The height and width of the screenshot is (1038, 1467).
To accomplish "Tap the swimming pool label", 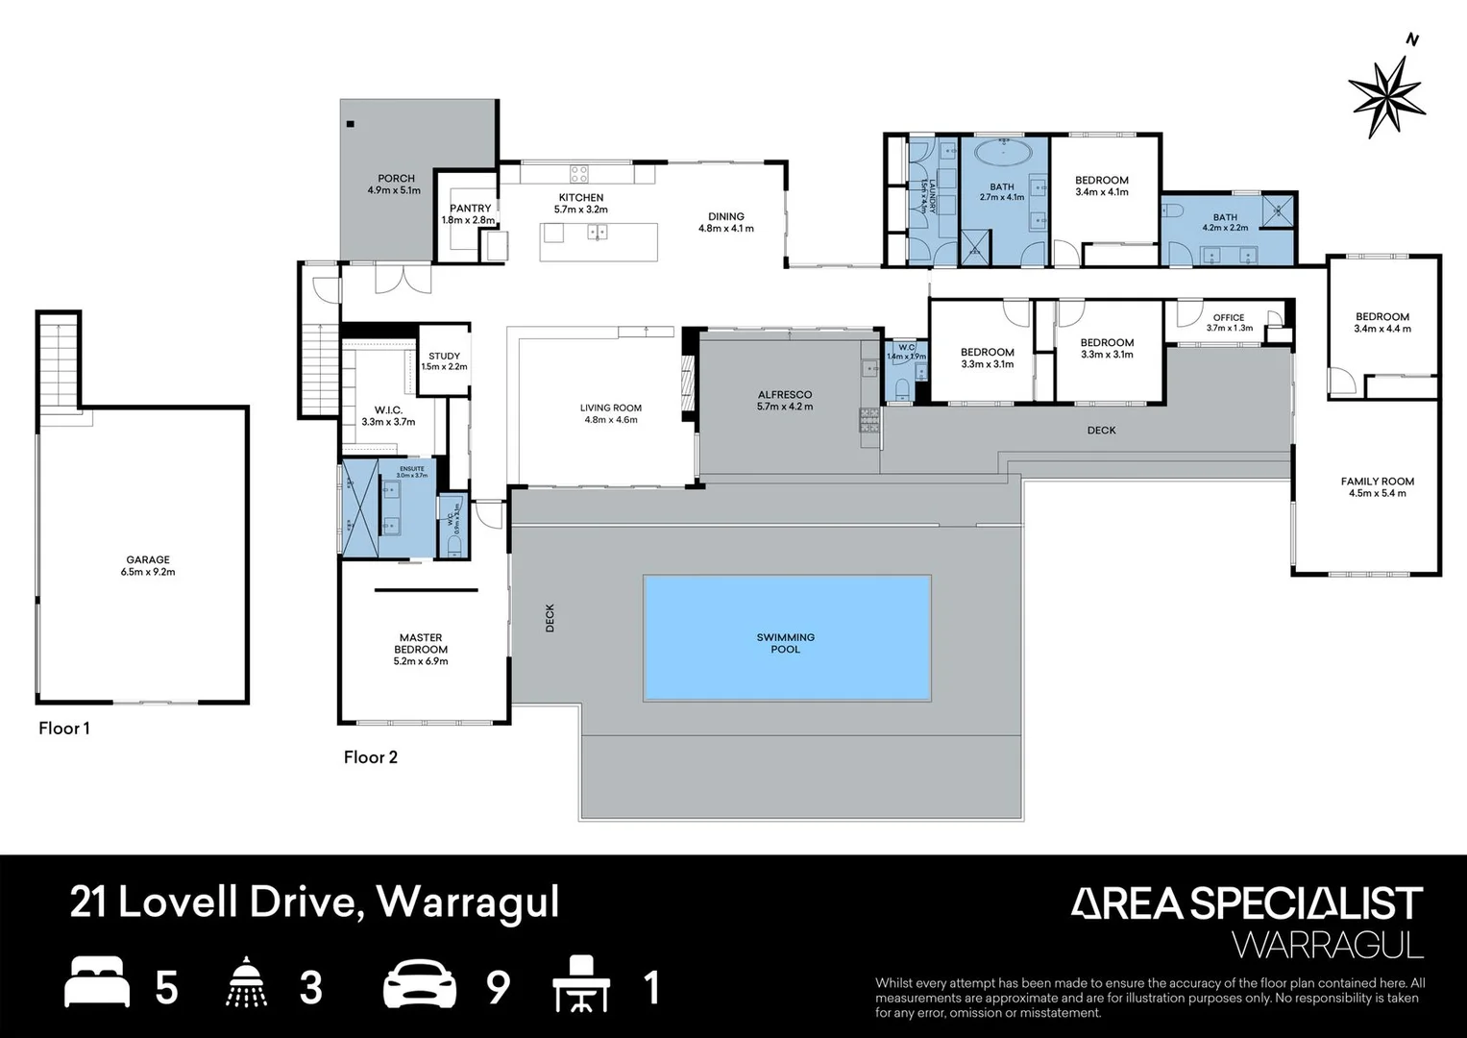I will pos(785,643).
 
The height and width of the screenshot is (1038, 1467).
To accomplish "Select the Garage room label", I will pos(148,565).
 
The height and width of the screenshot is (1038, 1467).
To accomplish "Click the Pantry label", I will pos(470,213).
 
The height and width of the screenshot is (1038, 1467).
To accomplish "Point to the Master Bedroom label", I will pos(421,649).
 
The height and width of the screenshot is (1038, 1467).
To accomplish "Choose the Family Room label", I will pos(1377,487).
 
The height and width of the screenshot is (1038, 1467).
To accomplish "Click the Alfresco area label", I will pos(784,400).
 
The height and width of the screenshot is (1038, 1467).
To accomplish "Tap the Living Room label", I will pos(610,413).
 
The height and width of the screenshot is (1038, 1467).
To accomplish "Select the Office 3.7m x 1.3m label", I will pos(1229,322).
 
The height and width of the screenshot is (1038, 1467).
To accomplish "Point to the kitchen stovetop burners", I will pos(579,174).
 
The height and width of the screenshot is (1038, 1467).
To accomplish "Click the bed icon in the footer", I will pos(96,985).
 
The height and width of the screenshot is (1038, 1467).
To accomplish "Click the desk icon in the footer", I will pos(581,985).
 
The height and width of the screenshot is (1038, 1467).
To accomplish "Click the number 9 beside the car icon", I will pos(497,988).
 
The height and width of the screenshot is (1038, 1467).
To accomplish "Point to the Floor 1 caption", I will pos(64,728).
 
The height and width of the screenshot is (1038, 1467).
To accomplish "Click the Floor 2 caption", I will pos(371,756).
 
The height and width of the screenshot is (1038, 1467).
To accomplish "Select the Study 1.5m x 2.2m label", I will pos(444,361).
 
